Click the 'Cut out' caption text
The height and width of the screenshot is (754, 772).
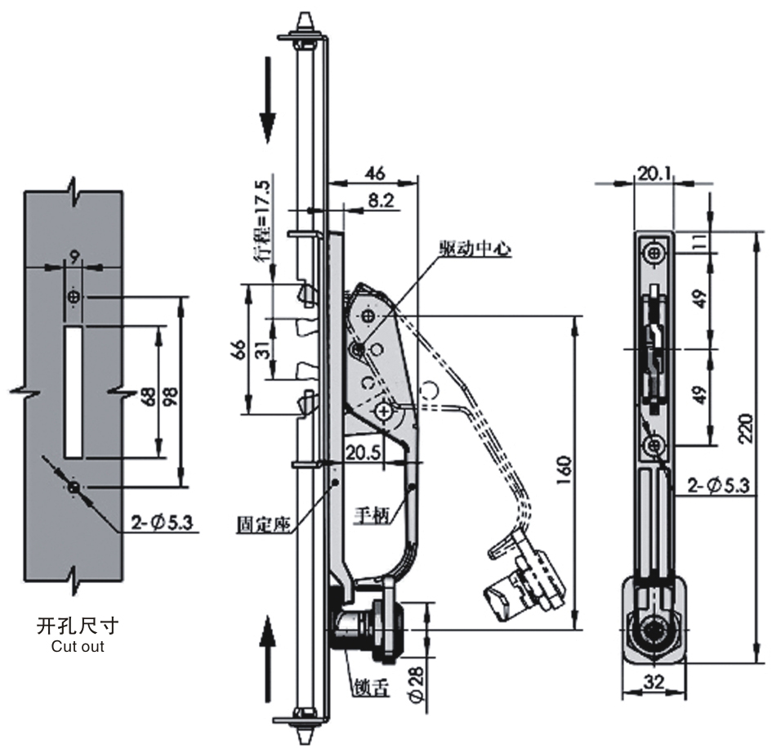(x=78, y=646)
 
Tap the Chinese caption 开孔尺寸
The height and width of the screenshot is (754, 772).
(x=78, y=626)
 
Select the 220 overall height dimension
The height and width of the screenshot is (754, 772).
(x=747, y=429)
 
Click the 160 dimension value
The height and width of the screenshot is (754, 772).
(x=565, y=470)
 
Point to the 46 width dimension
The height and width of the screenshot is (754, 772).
(x=375, y=173)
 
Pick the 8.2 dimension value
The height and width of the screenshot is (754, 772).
(x=381, y=200)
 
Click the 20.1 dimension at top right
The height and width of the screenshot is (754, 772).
(x=654, y=173)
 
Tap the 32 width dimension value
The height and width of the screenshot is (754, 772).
(x=654, y=682)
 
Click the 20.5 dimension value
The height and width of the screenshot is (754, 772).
(x=363, y=452)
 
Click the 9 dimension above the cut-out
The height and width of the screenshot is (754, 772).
(x=74, y=257)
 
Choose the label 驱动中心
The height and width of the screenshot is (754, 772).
(x=475, y=249)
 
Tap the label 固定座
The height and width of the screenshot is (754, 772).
(x=263, y=524)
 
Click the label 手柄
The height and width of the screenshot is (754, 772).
(x=371, y=516)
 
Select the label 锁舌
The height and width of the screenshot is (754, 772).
(x=370, y=688)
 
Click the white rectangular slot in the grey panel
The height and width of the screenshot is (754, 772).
(x=74, y=393)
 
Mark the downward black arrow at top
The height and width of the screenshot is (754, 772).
(x=267, y=100)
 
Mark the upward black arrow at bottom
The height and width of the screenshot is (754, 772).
(x=267, y=659)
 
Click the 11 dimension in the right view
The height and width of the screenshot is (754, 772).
(x=701, y=241)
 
